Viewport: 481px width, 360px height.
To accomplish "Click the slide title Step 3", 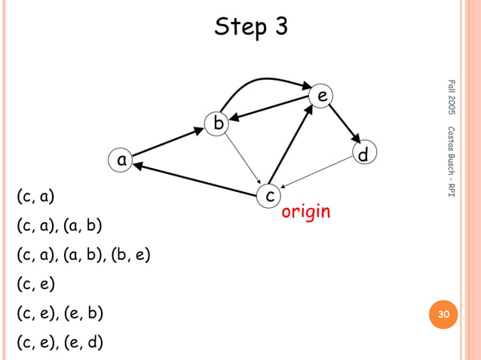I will point(251,27).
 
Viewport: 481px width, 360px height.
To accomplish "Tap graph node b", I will point(219,122).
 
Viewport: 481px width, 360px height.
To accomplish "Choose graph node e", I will point(322,96).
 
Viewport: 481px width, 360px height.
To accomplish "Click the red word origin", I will point(305,212).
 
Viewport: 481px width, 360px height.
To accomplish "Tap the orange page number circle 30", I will point(443,314).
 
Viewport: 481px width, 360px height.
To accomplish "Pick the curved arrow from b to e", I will point(264,80).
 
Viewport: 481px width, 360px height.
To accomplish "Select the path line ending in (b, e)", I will point(84,255).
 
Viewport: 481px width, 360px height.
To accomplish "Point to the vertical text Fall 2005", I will point(451,98).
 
